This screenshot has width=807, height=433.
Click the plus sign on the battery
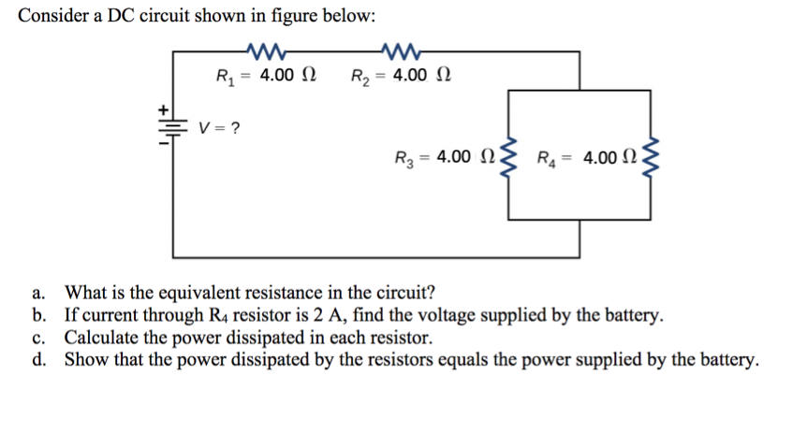[x=161, y=109]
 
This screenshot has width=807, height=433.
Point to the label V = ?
[x=222, y=127]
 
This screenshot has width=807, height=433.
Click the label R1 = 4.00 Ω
[x=265, y=75]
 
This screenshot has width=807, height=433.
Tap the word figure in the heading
[x=309, y=16]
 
